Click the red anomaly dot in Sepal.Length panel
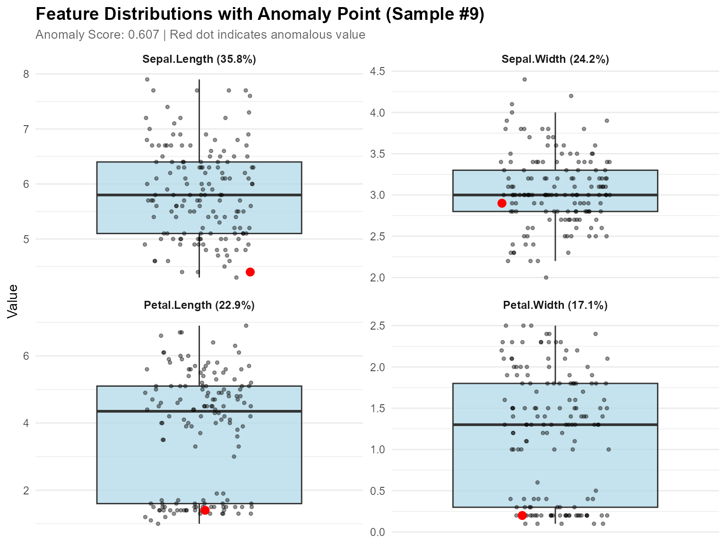tap(250, 272)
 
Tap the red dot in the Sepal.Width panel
tap(502, 203)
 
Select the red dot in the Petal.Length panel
tap(205, 510)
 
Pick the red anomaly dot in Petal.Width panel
tap(522, 515)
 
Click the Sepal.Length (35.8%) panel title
tap(199, 59)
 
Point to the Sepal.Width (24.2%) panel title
tap(555, 59)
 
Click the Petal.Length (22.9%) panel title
tap(199, 305)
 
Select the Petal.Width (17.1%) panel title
tap(555, 305)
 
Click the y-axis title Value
tap(12, 301)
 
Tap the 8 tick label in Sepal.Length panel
tap(26, 74)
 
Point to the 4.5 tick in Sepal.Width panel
tap(377, 71)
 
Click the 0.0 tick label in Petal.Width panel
tap(377, 532)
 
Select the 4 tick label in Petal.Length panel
tap(26, 423)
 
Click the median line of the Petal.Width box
tap(555, 425)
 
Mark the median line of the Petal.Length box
tap(199, 411)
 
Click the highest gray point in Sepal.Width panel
tap(524, 79)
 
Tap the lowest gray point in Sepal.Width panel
tap(546, 278)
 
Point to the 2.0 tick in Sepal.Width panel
tap(377, 278)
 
